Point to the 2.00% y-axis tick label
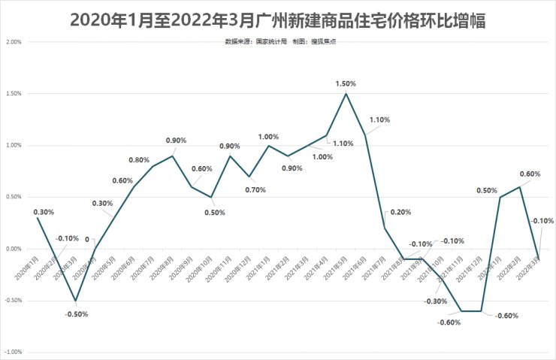pyautogui.click(x=13, y=42)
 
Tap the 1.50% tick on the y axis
pyautogui.click(x=13, y=94)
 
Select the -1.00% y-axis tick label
pyautogui.click(x=13, y=352)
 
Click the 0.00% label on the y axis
pyautogui.click(x=13, y=249)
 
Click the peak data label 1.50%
pyautogui.click(x=346, y=83)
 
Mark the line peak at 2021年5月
pyautogui.click(x=346, y=94)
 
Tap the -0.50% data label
pyautogui.click(x=76, y=314)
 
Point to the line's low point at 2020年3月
pyautogui.click(x=75, y=301)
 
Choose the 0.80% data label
pyautogui.click(x=139, y=160)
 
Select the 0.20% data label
pyautogui.click(x=400, y=212)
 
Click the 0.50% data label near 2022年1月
pyautogui.click(x=487, y=190)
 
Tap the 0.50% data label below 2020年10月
pyautogui.click(x=214, y=212)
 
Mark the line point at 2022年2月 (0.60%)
pyautogui.click(x=519, y=187)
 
